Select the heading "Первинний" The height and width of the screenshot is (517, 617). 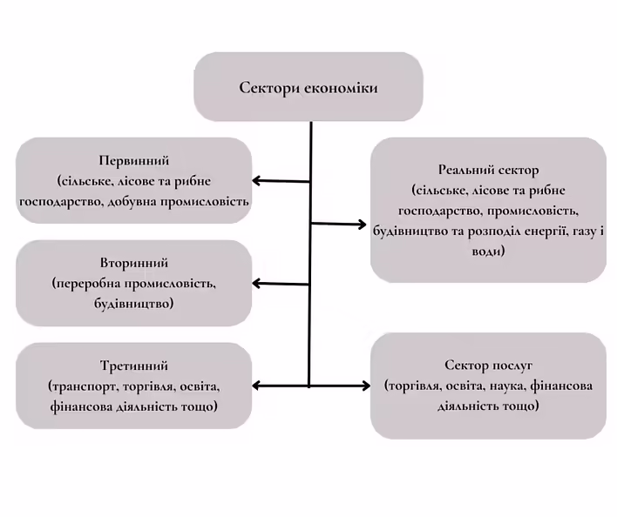click(133, 162)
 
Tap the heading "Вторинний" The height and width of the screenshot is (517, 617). click(133, 264)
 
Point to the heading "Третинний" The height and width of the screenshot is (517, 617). click(133, 366)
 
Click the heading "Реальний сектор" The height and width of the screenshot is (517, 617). click(488, 171)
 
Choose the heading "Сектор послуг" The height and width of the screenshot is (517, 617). click(488, 366)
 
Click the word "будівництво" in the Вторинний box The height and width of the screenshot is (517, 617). click(133, 305)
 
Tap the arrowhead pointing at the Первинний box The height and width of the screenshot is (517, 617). click(258, 181)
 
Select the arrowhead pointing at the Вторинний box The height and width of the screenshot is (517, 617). click(258, 284)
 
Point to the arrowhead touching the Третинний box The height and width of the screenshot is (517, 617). click(258, 386)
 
